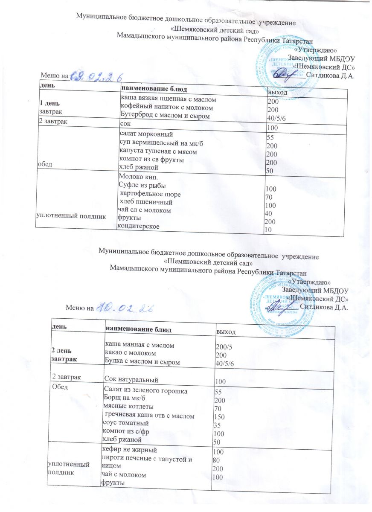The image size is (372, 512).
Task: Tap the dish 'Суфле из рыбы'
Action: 142,186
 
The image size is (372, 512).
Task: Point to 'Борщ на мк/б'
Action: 122,398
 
